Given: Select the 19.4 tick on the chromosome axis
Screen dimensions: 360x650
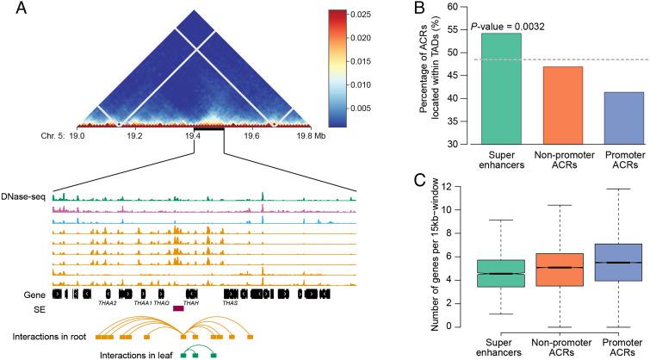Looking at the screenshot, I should click(x=195, y=136).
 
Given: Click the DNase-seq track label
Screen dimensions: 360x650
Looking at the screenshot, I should click(x=25, y=196).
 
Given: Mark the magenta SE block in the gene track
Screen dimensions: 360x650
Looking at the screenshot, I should click(x=178, y=307).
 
